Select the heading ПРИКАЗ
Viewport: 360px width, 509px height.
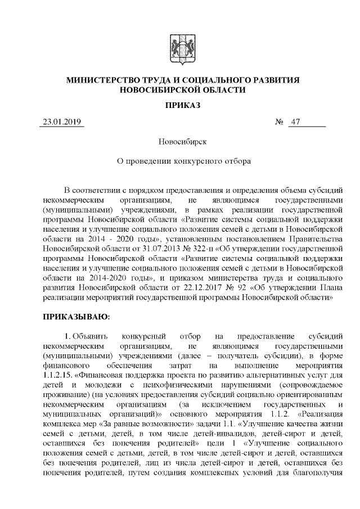(x=180, y=105)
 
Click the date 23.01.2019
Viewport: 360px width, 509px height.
(x=62, y=122)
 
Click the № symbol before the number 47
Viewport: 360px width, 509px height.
(x=279, y=122)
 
